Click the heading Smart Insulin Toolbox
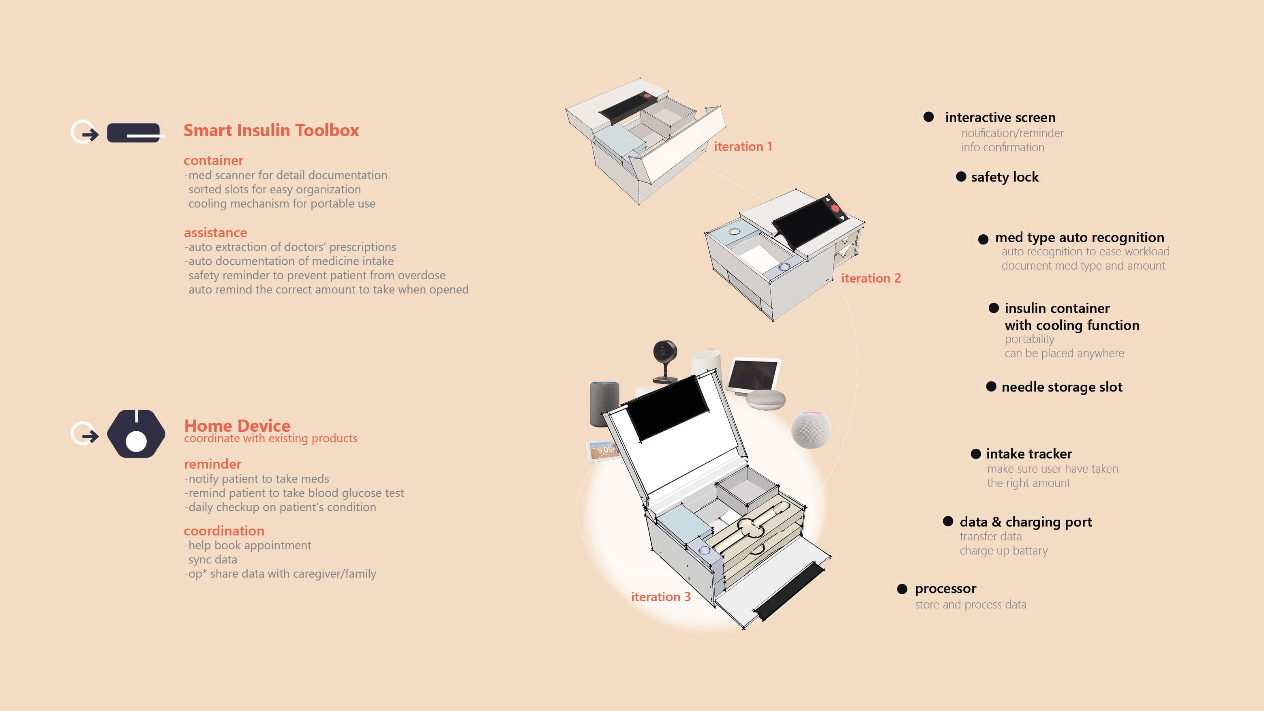(271, 131)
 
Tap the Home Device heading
(237, 425)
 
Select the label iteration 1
(742, 146)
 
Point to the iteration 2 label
(870, 278)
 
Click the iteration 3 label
(660, 597)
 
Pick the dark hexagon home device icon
(136, 434)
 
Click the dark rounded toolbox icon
(133, 133)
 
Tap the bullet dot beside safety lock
(961, 177)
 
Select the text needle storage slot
(1061, 387)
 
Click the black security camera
(665, 358)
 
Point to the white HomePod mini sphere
(811, 429)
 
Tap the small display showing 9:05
(601, 451)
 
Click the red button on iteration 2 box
(835, 208)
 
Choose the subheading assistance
(215, 233)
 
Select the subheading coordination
(224, 531)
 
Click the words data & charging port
(1026, 522)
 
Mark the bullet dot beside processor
(902, 589)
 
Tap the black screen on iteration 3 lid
(667, 407)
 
